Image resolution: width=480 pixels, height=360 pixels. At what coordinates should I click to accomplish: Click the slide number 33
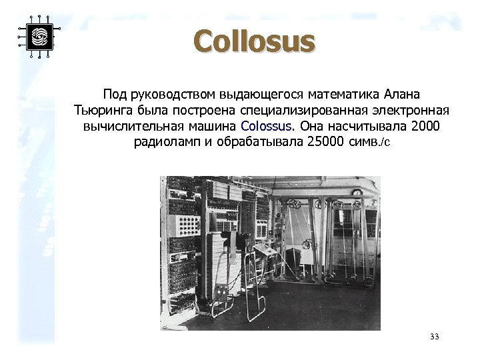pyautogui.click(x=435, y=337)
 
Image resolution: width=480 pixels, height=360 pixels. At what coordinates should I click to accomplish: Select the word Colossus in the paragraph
pyautogui.click(x=266, y=125)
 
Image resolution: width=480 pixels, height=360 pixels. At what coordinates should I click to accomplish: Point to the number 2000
pyautogui.click(x=426, y=125)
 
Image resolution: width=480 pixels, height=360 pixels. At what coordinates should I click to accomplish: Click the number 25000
pyautogui.click(x=325, y=141)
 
